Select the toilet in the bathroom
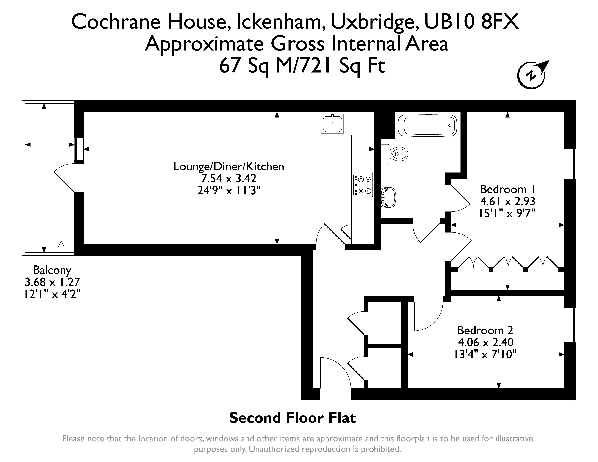click(394, 154)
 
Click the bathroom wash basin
click(388, 197)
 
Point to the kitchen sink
click(332, 124)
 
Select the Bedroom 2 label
click(485, 330)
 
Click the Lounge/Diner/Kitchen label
click(229, 166)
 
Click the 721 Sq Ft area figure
click(343, 66)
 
